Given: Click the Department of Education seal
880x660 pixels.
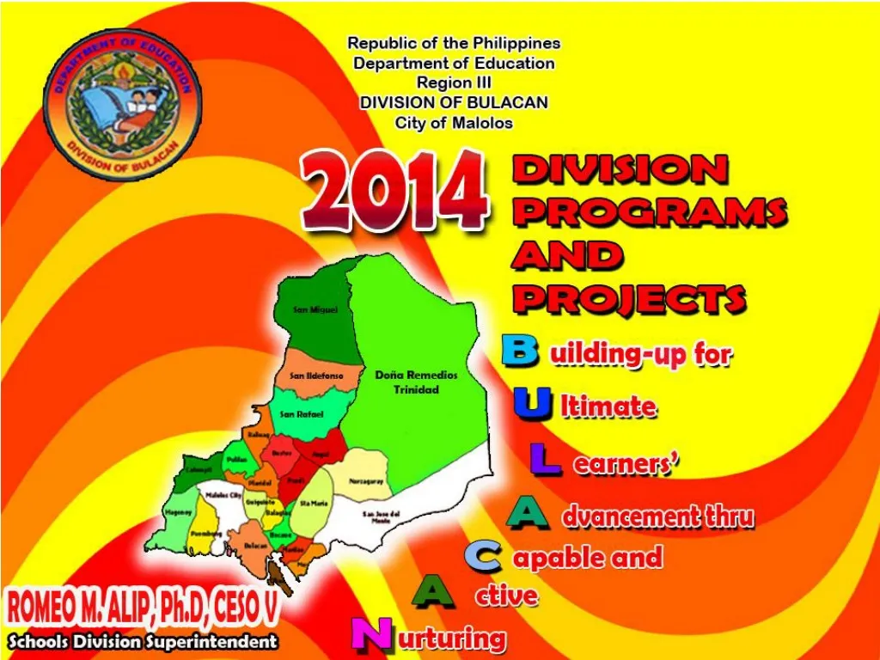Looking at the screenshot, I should pos(122,103).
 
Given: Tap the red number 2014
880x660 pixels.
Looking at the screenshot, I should pos(395,190).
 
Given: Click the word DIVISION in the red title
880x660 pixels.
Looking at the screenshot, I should pos(620,169).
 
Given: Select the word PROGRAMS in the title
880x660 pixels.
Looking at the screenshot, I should pos(650,211).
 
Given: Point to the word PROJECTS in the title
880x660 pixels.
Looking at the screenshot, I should pos(628,298).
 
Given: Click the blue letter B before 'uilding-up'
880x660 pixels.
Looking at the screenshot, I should pos(520,351).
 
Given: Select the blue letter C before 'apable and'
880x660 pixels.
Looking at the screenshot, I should pos(483,556).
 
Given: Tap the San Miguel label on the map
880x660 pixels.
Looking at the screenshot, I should pos(315,309).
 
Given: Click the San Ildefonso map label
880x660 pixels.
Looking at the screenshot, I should pos(316,376).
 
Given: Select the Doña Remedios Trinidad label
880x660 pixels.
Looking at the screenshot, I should pos(417,382).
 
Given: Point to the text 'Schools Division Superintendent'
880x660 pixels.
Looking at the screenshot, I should pos(143,641).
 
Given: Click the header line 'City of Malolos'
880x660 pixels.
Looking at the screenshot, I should pos(454,122).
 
